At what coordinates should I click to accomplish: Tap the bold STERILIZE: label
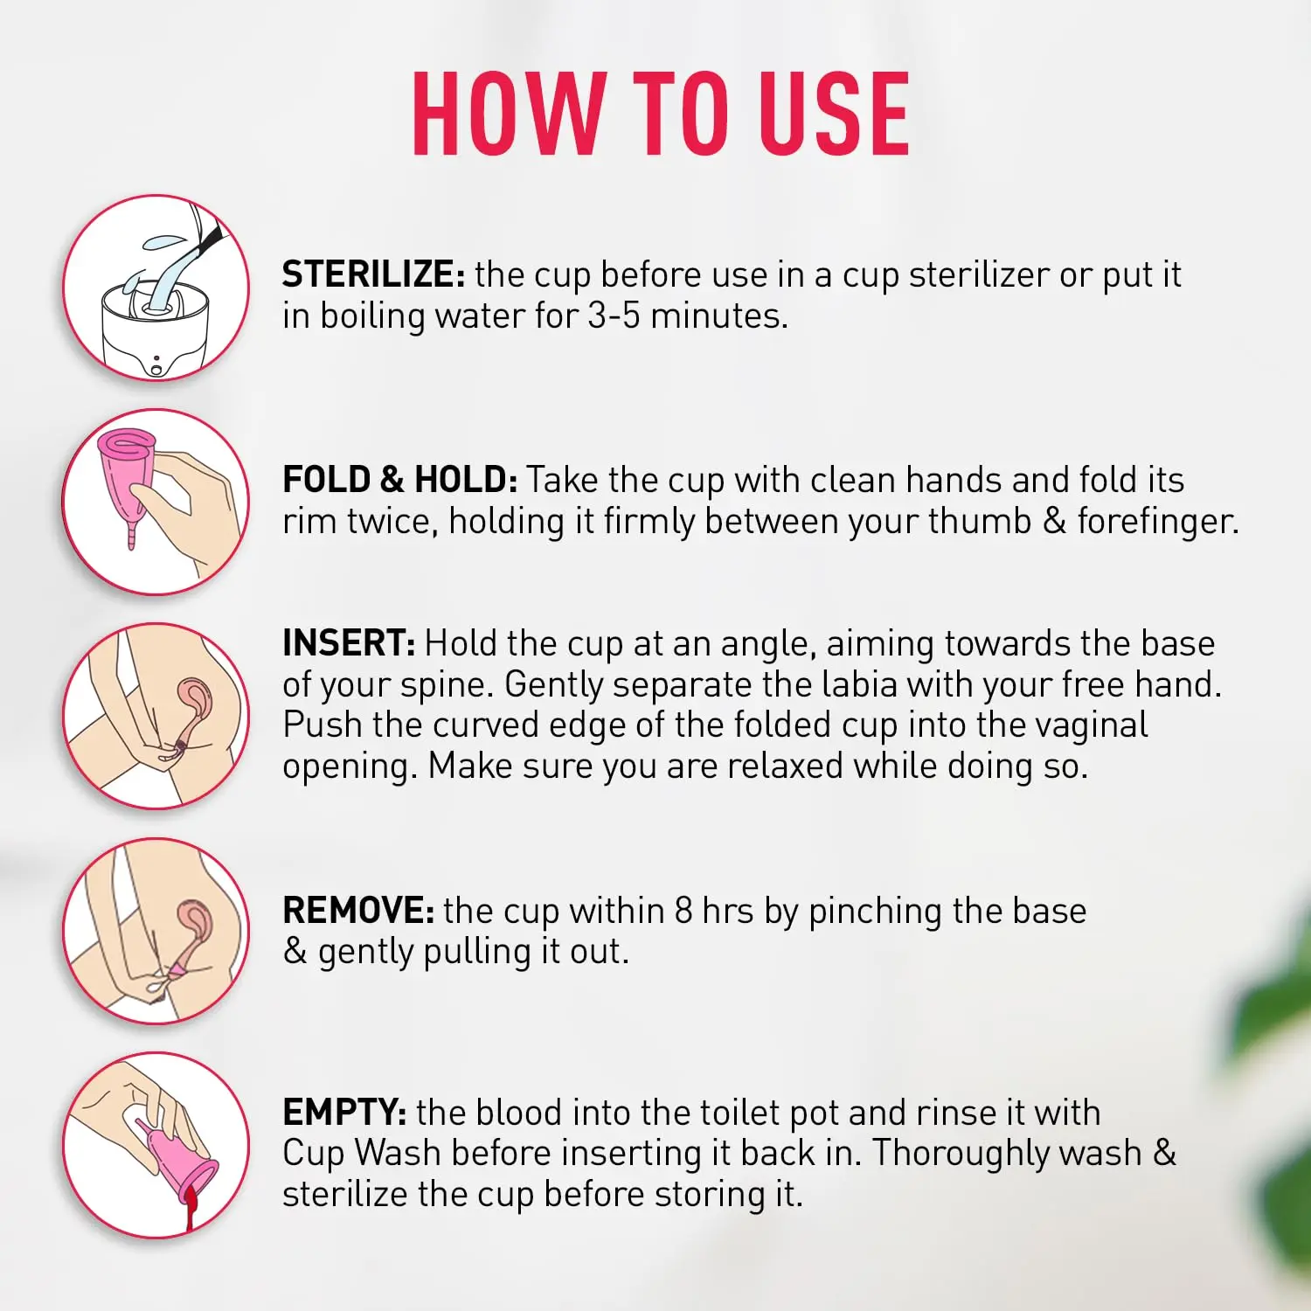click(x=373, y=274)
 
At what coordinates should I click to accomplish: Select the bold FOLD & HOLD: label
click(x=400, y=480)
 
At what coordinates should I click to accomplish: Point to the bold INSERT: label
click(x=349, y=643)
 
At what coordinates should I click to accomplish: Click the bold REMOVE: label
click(x=358, y=911)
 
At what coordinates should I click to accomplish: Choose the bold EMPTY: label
click(x=344, y=1113)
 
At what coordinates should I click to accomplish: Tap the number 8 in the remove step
click(x=683, y=911)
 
